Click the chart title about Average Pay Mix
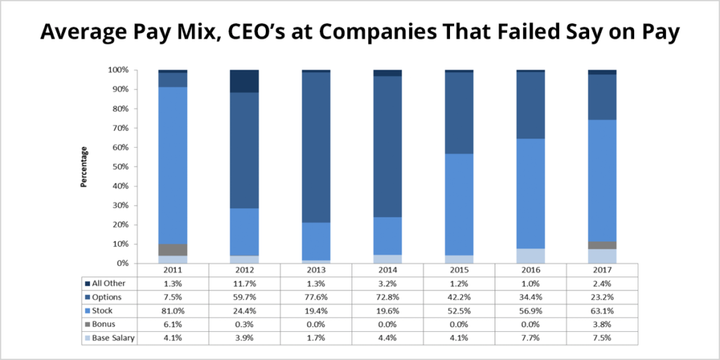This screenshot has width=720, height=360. (x=359, y=32)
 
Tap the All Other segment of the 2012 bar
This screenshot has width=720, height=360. (x=244, y=82)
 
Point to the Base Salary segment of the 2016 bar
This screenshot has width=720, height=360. (x=530, y=256)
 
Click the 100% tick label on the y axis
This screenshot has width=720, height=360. (x=117, y=70)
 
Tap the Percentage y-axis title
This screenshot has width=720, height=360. (x=84, y=167)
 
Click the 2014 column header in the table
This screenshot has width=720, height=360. (x=387, y=270)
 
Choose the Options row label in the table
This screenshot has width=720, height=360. (x=108, y=296)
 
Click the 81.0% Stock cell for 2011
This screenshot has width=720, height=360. (x=172, y=309)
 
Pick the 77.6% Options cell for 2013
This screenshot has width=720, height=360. (x=316, y=296)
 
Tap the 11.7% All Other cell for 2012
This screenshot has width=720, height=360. (x=244, y=283)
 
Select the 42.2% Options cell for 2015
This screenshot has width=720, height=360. (x=458, y=296)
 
